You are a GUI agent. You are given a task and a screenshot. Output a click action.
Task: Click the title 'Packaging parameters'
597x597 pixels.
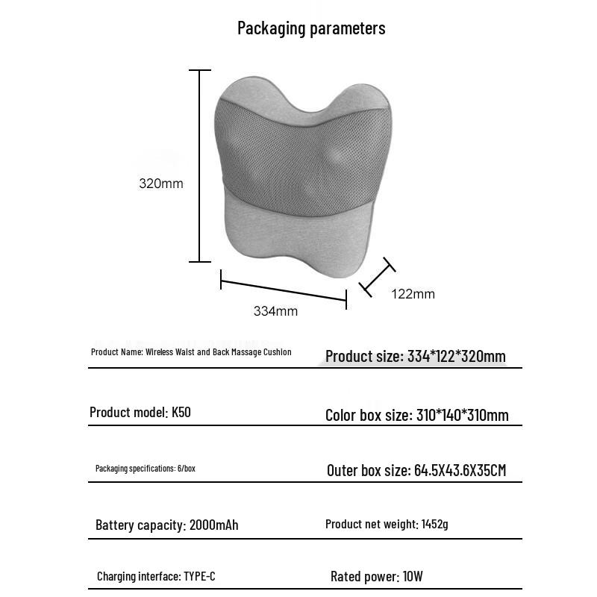(x=311, y=28)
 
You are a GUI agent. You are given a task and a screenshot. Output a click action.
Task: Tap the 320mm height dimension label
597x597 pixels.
(x=160, y=184)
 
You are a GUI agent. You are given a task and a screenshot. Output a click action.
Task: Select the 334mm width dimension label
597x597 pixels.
(x=275, y=311)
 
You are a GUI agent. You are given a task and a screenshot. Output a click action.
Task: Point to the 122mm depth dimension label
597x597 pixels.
(x=413, y=294)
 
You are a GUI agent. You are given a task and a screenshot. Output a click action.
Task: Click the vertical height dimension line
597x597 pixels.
(x=200, y=166)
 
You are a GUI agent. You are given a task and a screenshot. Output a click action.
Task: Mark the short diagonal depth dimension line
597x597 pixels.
(x=377, y=277)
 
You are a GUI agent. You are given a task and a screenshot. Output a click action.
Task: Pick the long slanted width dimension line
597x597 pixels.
(x=284, y=291)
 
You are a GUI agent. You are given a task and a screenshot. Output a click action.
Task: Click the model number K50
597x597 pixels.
(x=181, y=412)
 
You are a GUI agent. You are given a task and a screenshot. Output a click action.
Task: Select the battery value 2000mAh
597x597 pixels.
(x=214, y=525)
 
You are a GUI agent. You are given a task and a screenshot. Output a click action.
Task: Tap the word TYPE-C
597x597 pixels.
(x=200, y=577)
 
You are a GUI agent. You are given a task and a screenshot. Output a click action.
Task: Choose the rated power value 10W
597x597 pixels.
(x=412, y=577)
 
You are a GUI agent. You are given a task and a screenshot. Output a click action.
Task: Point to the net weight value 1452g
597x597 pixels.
(x=435, y=525)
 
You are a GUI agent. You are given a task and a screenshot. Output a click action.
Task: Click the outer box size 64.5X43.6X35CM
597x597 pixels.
(x=460, y=470)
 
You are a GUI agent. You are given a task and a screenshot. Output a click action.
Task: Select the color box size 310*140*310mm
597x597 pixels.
(x=462, y=415)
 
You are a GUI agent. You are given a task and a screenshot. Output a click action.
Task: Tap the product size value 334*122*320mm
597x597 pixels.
(x=457, y=357)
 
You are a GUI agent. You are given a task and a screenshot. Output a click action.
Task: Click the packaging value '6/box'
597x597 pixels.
(x=186, y=469)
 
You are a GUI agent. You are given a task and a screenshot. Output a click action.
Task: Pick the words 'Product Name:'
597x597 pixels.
(x=117, y=352)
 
